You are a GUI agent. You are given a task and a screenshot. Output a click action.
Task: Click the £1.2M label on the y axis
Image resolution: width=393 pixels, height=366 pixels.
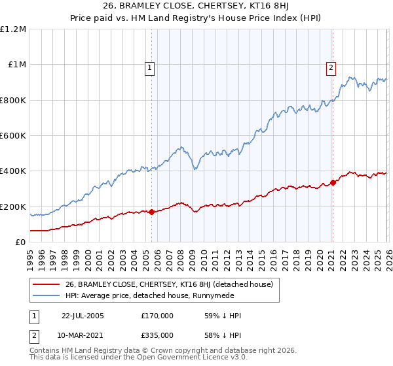coord(13,29)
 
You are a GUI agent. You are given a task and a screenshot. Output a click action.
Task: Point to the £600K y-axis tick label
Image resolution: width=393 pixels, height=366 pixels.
coord(13,136)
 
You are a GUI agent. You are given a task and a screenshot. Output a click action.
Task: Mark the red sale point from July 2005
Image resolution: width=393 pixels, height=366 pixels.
coord(152,212)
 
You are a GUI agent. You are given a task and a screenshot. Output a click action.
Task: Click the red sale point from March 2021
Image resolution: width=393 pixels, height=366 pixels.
coord(333,182)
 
